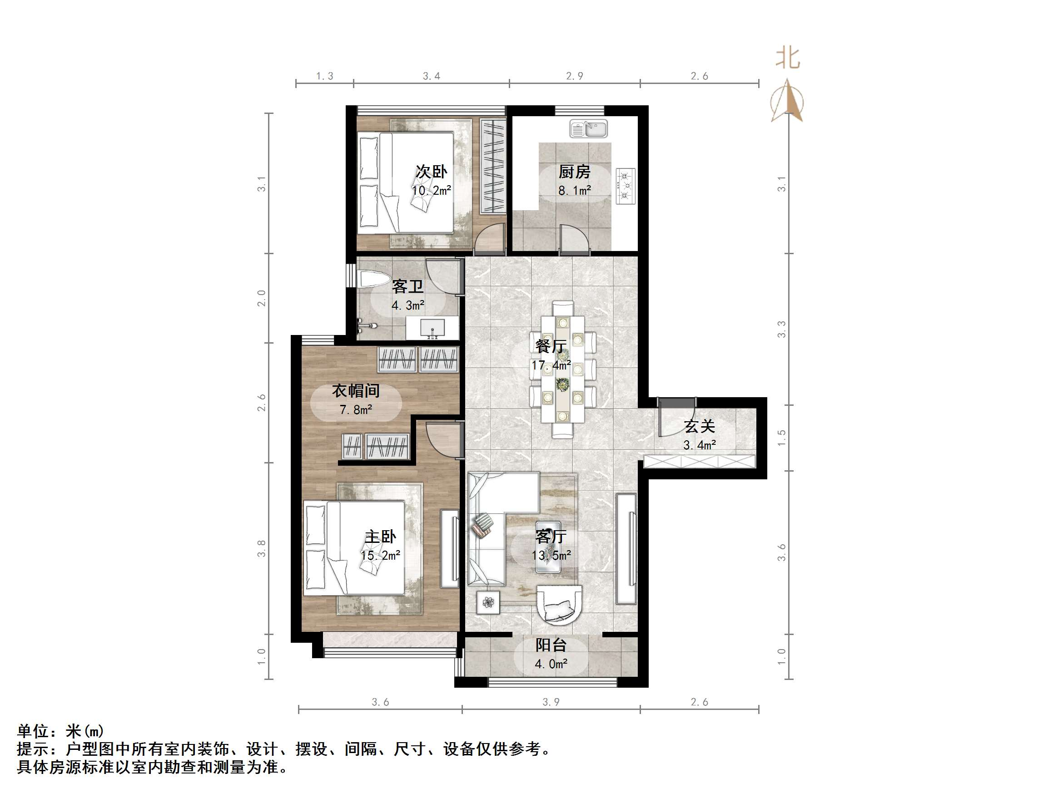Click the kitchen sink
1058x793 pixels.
[x=588, y=128]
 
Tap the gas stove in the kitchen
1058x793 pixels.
[x=625, y=186]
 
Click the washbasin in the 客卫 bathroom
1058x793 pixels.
[x=432, y=329]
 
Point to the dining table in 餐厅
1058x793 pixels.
[x=563, y=369]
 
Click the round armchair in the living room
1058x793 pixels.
[x=560, y=605]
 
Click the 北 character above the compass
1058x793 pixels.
[x=788, y=58]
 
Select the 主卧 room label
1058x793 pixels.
[x=380, y=537]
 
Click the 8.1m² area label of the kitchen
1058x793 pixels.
[x=575, y=191]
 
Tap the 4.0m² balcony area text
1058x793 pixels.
[x=551, y=664]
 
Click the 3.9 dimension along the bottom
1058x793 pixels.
[x=551, y=702]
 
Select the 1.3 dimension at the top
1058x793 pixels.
[x=325, y=76]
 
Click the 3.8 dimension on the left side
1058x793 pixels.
[x=261, y=548]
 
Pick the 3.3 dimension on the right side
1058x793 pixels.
[x=781, y=330]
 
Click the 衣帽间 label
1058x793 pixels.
[x=356, y=391]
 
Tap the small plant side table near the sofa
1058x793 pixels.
[x=488, y=602]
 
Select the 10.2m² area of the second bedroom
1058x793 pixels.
[x=432, y=191]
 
